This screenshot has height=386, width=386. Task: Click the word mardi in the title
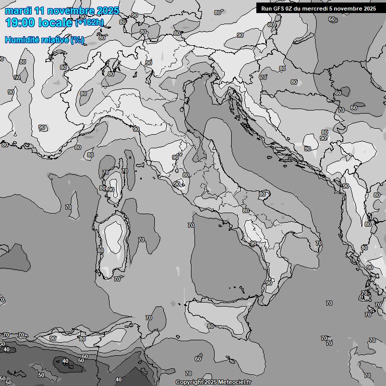pyautogui.click(x=18, y=11)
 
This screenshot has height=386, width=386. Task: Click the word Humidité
pyautogui.click(x=21, y=40)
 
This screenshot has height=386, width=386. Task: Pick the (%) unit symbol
pyautogui.click(x=77, y=40)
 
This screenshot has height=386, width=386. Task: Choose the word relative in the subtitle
pyautogui.click(x=53, y=40)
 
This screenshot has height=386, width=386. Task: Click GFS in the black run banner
pyautogui.click(x=278, y=9)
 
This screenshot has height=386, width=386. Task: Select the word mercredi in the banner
pyautogui.click(x=322, y=9)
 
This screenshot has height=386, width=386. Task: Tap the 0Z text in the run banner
pyautogui.click(x=291, y=9)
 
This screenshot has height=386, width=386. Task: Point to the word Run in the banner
pyautogui.click(x=266, y=9)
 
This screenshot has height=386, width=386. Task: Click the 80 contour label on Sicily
pyautogui.click(x=211, y=326)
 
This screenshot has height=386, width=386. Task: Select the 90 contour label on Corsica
pyautogui.click(x=111, y=190)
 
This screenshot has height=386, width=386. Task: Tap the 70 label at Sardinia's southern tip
pyautogui.click(x=117, y=279)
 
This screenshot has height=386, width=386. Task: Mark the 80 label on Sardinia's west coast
pyautogui.click(x=101, y=250)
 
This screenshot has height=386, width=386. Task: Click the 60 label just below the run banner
pyautogui.click(x=332, y=20)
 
